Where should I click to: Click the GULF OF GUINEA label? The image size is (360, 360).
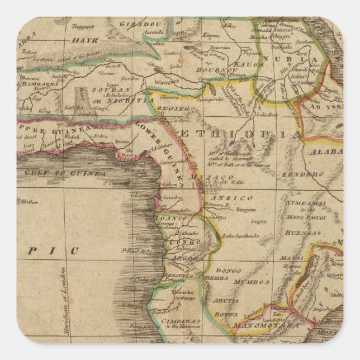click(x=65, y=174)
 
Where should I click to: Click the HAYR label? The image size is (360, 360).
click(x=86, y=41)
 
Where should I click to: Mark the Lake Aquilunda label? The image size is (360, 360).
click(x=240, y=236)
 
